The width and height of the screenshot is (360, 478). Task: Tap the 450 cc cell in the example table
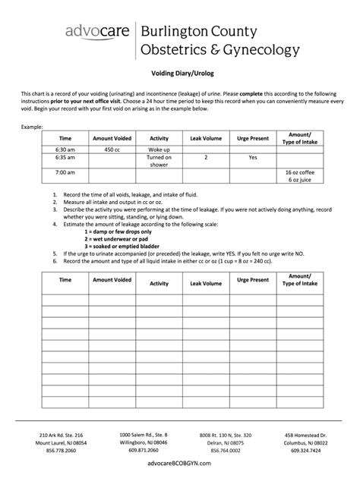point(112,150)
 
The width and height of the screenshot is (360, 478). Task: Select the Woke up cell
point(159,150)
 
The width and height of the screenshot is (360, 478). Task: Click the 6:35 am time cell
point(65,159)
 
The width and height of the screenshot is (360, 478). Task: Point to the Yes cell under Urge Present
point(253,159)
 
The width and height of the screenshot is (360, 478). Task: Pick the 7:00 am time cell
point(65,173)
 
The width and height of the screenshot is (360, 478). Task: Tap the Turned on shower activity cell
point(159,162)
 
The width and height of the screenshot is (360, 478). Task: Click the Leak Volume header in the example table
point(206,139)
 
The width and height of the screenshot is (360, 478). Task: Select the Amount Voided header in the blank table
point(112,280)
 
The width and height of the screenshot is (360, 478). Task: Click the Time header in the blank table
point(65,280)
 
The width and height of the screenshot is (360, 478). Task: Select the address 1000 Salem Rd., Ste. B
point(144,433)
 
